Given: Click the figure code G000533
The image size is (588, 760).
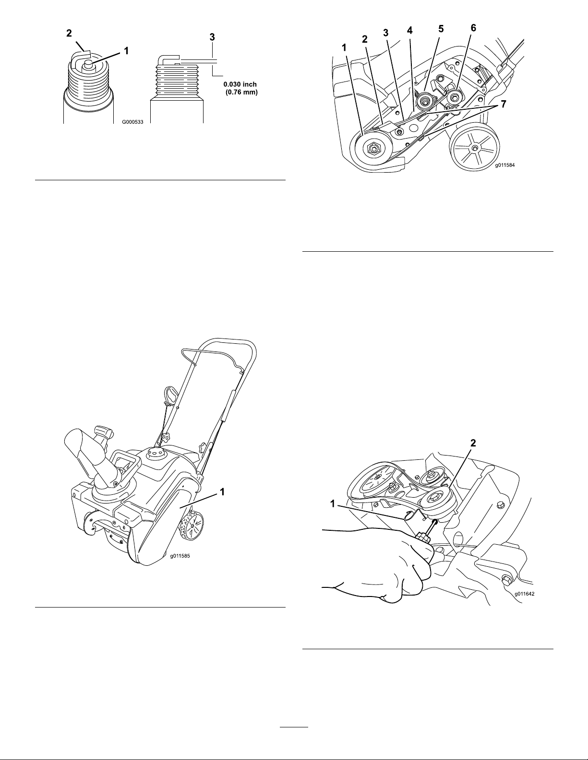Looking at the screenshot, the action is pyautogui.click(x=132, y=122).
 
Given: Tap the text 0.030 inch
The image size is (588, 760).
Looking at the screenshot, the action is pyautogui.click(x=240, y=85).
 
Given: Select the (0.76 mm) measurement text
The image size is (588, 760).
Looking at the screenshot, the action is pyautogui.click(x=242, y=93).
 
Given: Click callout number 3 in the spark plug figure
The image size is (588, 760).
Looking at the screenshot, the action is pyautogui.click(x=212, y=37).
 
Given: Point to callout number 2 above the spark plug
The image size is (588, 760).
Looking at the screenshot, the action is pyautogui.click(x=69, y=33).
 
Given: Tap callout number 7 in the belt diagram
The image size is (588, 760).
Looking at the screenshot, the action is pyautogui.click(x=504, y=104).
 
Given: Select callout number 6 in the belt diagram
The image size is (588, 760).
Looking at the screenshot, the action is pyautogui.click(x=473, y=28).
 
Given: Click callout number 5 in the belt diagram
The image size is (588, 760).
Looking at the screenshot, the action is pyautogui.click(x=441, y=29).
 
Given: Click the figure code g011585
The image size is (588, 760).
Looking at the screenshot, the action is pyautogui.click(x=180, y=556).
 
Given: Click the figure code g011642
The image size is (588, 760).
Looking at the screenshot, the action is pyautogui.click(x=524, y=594).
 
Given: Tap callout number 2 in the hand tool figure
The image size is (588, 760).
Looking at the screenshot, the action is pyautogui.click(x=473, y=443).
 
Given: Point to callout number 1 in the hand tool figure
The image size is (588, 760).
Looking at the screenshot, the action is pyautogui.click(x=333, y=503).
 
